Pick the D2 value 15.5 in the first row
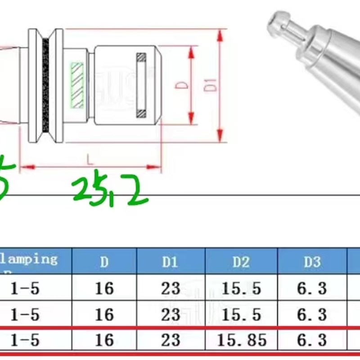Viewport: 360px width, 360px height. [241, 288]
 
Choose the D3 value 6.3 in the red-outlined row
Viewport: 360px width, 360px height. [311, 340]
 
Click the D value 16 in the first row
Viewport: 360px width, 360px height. [104, 288]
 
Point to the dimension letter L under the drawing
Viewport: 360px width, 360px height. [90, 159]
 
